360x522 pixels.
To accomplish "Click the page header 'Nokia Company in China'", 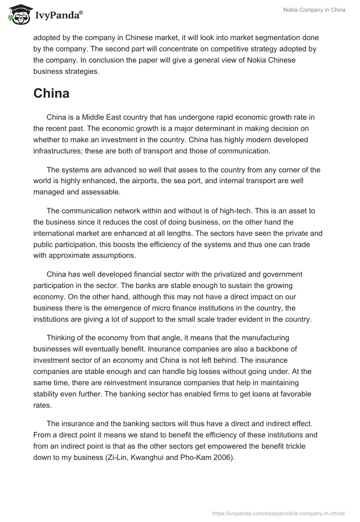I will point(315,10).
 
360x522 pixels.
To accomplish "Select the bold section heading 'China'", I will point(51,94).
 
